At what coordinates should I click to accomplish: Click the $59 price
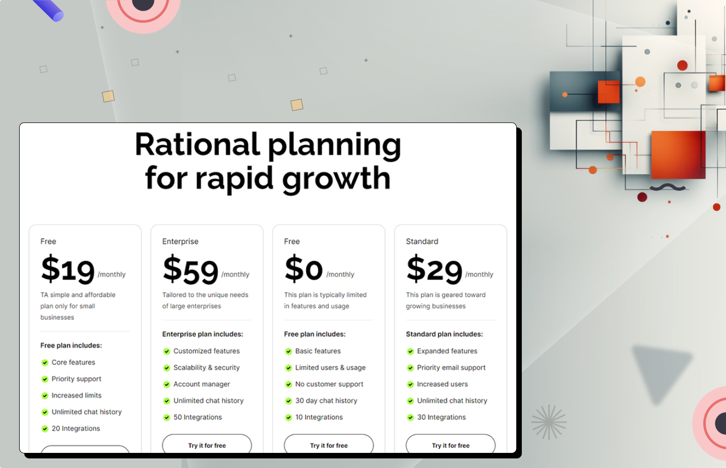click(190, 270)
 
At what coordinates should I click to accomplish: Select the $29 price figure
click(435, 269)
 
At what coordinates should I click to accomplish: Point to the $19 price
click(68, 270)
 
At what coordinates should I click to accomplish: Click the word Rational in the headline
click(197, 145)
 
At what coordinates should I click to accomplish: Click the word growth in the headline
click(336, 179)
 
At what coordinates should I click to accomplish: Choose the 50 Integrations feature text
click(198, 417)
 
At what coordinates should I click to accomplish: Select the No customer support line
click(329, 384)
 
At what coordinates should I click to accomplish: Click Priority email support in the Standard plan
click(451, 368)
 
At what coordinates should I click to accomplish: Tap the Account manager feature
click(201, 384)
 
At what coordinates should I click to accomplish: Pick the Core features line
click(73, 362)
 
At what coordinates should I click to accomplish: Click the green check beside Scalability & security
click(167, 368)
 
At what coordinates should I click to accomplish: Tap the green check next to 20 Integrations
click(45, 429)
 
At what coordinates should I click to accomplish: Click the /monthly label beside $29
click(479, 275)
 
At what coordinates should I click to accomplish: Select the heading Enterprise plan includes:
click(202, 334)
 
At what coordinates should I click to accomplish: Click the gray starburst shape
click(549, 422)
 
